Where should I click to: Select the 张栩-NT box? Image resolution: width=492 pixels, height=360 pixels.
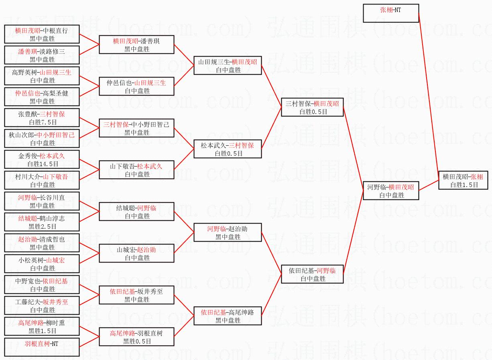pos(390,13)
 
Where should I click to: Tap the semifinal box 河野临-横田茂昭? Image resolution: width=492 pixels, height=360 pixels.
pos(390,191)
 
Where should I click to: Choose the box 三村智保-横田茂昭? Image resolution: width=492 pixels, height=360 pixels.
pos(312,107)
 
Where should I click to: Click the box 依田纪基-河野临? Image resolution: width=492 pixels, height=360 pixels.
pos(312,274)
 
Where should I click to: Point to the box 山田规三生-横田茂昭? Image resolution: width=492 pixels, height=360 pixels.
pos(228,65)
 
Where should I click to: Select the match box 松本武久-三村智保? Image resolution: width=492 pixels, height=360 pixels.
pos(228,149)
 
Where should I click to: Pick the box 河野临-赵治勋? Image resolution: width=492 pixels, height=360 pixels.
pos(228,232)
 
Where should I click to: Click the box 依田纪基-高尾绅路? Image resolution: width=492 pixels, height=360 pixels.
pos(228,316)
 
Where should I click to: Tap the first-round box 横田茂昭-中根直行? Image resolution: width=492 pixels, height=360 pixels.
pos(42,34)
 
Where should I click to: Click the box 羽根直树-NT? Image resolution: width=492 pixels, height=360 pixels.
pos(42,347)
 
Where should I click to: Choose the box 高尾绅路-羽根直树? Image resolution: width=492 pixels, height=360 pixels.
pos(137,337)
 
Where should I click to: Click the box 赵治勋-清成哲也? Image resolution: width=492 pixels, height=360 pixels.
pos(42,243)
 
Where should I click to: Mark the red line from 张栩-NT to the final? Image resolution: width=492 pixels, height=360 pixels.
pos(429,96)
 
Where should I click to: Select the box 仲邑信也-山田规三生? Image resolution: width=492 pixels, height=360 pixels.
pos(137,86)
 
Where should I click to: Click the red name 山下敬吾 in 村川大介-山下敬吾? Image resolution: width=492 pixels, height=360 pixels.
pos(55,177)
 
